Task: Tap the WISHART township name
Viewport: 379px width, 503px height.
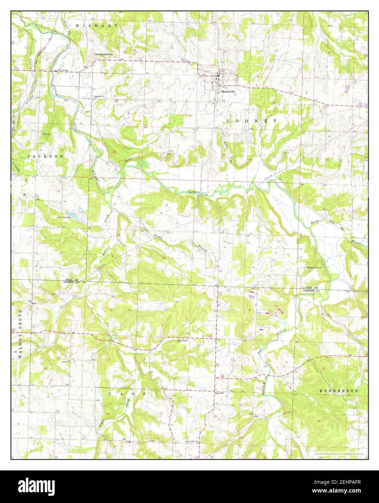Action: pyautogui.click(x=97, y=26)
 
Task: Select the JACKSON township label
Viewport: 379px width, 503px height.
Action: pyautogui.click(x=46, y=156)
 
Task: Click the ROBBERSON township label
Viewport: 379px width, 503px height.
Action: pyautogui.click(x=339, y=391)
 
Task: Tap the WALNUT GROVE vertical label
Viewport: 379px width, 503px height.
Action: pyautogui.click(x=21, y=333)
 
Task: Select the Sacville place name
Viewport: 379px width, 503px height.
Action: pyautogui.click(x=219, y=393)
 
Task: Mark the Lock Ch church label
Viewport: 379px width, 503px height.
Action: pyautogui.click(x=66, y=361)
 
